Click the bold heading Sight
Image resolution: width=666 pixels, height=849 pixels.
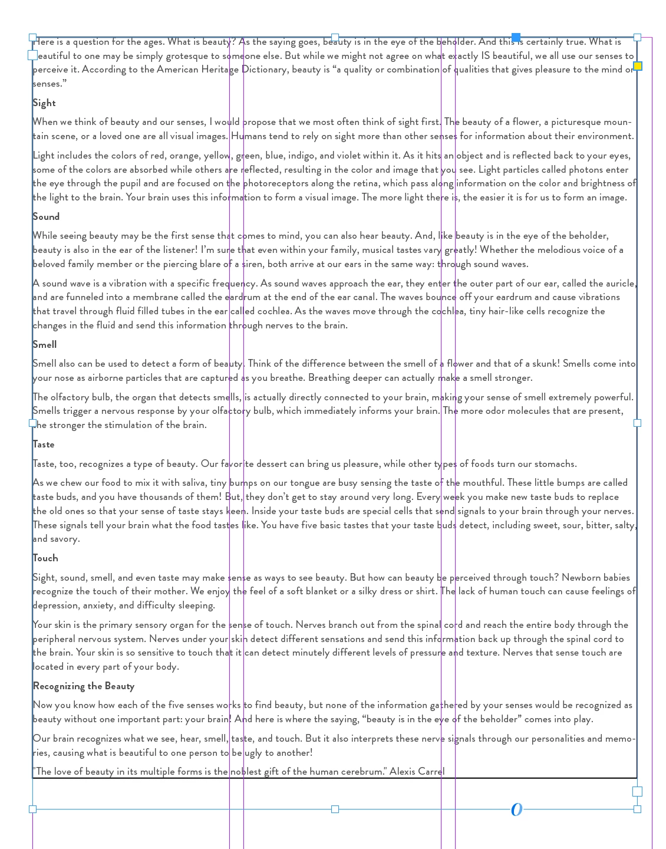[x=44, y=103]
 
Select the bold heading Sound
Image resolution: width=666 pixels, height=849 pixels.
[x=46, y=217]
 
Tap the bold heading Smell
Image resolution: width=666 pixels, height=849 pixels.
[x=45, y=345]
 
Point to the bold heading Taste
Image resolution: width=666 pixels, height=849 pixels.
[x=44, y=445]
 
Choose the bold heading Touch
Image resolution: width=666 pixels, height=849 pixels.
[x=45, y=558]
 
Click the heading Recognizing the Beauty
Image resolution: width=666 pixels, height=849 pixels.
[x=84, y=686]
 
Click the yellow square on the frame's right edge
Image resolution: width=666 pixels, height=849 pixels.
[x=637, y=66]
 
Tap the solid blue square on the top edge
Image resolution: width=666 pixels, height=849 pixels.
[x=516, y=38]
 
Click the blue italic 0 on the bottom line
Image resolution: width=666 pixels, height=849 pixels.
[x=516, y=809]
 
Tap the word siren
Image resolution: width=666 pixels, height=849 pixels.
[x=252, y=264]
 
